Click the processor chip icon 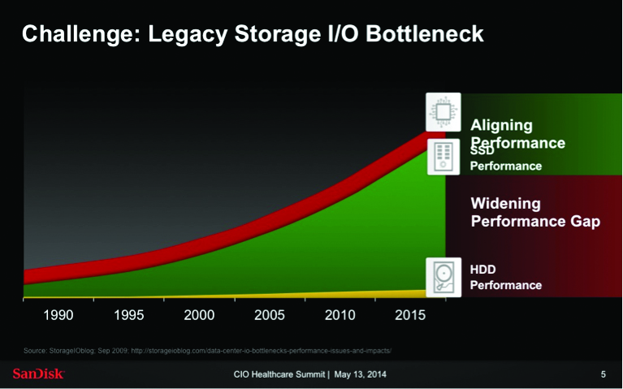point(443,111)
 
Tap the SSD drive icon point(443,154)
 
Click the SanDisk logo point(38,374)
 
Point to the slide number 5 point(603,374)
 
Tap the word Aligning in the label point(501,125)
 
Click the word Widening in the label point(505,203)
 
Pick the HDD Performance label point(505,276)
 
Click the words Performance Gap point(535,221)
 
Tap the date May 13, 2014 point(361,374)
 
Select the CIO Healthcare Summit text point(279,374)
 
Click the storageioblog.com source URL point(261,350)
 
